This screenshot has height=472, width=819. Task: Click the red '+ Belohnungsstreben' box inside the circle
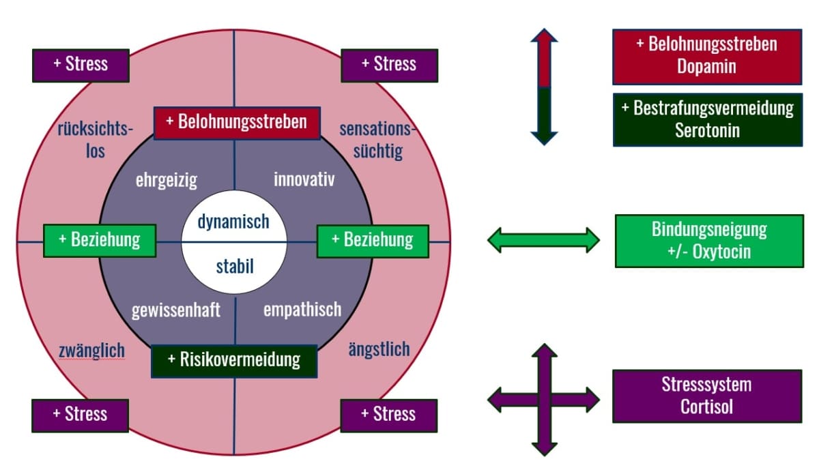tap(237, 123)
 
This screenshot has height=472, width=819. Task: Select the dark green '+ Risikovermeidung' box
tap(234, 360)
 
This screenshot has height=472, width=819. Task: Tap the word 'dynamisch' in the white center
tap(233, 222)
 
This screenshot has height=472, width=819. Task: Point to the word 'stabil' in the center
tap(234, 265)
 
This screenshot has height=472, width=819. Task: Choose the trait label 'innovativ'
tap(304, 179)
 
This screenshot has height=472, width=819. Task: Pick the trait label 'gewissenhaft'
tap(176, 310)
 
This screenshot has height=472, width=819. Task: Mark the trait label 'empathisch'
tap(302, 310)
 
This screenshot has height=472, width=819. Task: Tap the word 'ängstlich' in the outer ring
tap(379, 350)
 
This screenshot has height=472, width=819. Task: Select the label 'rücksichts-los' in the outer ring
tap(96, 140)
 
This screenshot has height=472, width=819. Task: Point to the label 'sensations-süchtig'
tap(379, 140)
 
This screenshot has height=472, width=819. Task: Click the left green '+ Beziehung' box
tap(100, 240)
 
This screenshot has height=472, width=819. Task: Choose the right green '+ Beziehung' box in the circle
tap(373, 240)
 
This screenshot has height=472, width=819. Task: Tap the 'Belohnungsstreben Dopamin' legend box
tap(706, 56)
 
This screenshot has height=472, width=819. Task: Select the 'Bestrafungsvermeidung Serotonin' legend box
tap(707, 119)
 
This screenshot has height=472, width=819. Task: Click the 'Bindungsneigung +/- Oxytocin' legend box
tap(709, 241)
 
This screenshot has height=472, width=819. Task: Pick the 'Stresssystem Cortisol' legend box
tap(706, 396)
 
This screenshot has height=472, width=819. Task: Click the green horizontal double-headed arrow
tap(543, 240)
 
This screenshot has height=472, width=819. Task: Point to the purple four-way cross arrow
tap(544, 400)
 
